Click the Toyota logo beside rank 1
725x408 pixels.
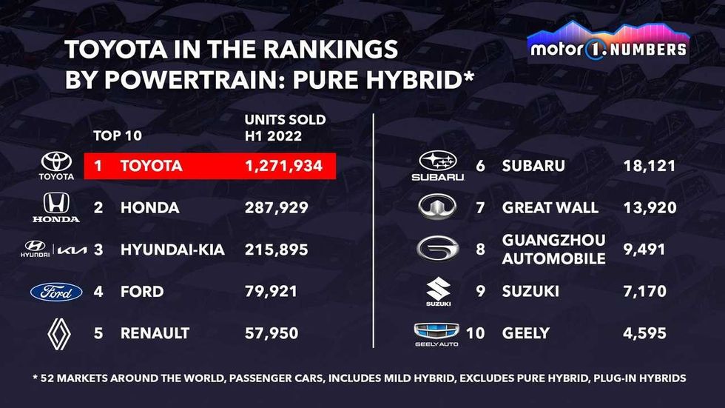(56, 166)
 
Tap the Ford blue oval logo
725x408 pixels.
(56, 292)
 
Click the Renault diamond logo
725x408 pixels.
(56, 333)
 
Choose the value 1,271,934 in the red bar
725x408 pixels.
(283, 166)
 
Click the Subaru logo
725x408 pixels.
(438, 166)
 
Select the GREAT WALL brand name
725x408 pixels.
(550, 208)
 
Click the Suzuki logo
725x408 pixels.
(438, 292)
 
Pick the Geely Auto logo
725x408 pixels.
(436, 334)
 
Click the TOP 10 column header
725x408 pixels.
(117, 136)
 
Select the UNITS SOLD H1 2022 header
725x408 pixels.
(285, 127)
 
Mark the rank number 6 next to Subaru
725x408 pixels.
(480, 166)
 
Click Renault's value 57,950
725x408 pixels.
(271, 333)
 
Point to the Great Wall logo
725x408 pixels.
(438, 207)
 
